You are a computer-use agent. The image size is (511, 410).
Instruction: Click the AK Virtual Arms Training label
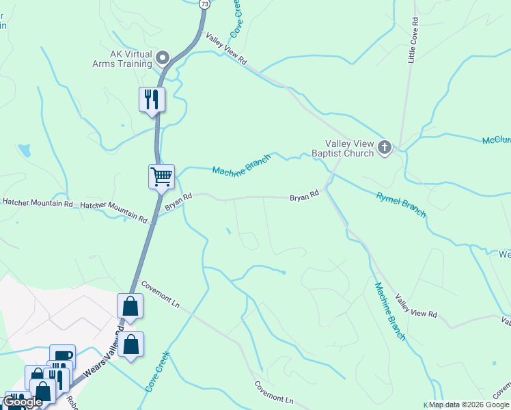(x=122, y=59)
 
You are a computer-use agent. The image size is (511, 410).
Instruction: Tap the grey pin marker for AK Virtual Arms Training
(x=163, y=57)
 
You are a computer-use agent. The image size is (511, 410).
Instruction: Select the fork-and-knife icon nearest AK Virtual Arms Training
(x=152, y=100)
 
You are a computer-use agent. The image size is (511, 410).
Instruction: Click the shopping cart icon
(x=161, y=177)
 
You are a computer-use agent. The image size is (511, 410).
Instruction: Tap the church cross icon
(x=385, y=147)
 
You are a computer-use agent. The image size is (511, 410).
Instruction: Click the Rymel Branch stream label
(x=401, y=205)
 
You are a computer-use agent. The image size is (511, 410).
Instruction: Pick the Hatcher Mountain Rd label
(x=113, y=212)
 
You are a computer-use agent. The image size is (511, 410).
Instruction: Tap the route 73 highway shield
(x=204, y=3)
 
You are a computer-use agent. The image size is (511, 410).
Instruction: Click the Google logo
(x=23, y=402)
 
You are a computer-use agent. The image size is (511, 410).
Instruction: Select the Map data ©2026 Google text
(x=469, y=405)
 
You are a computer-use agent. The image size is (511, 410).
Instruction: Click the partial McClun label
(x=496, y=140)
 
